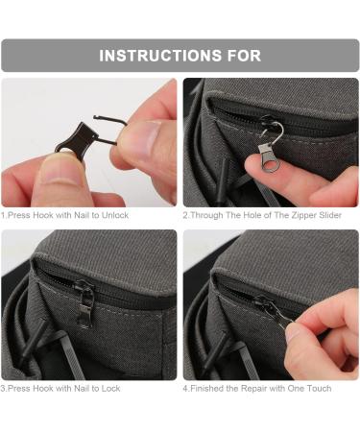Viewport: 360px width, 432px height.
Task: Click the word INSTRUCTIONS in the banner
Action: (x=160, y=56)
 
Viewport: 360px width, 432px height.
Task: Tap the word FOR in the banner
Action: (x=244, y=56)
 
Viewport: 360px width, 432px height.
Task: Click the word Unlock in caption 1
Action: (x=115, y=215)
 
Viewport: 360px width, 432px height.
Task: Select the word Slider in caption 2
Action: (x=330, y=215)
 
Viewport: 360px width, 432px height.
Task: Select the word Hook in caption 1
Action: (x=43, y=215)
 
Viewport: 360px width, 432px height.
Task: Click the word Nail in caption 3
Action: (x=82, y=389)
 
